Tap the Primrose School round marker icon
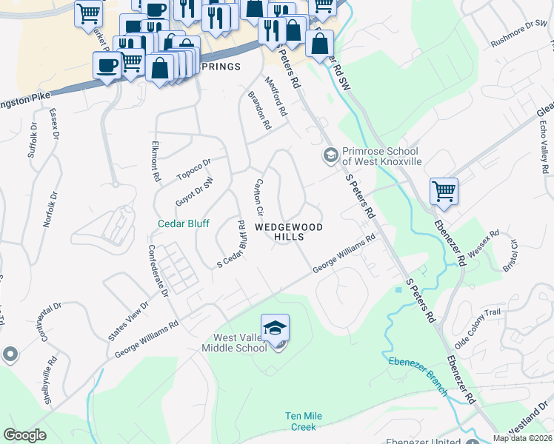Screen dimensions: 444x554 click(x=329, y=155)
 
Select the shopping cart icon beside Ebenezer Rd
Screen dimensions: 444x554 click(x=444, y=191)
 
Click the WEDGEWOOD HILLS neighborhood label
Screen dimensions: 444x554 click(x=290, y=231)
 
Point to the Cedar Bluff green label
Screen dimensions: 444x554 click(x=183, y=223)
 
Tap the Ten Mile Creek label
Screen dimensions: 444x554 click(x=310, y=421)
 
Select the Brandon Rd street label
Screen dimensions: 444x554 click(x=259, y=110)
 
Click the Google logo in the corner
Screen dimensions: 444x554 click(x=25, y=434)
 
